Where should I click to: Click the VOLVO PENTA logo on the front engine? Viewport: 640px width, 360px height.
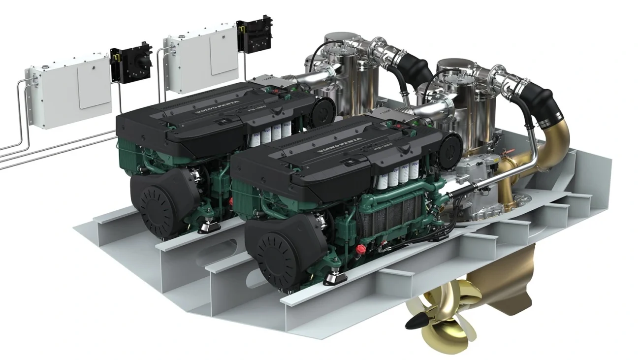340,144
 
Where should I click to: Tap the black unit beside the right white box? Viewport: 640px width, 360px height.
255,35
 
